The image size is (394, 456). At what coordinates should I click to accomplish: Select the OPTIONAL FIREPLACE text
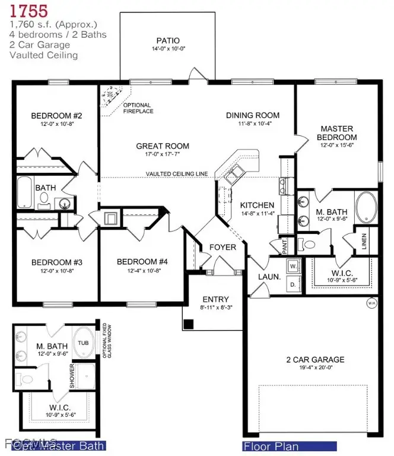tap(138, 108)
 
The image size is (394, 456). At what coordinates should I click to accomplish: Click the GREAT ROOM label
tap(163, 145)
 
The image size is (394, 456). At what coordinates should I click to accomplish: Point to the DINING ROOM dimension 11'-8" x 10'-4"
tap(252, 123)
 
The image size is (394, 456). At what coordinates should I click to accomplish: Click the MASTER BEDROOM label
tap(336, 133)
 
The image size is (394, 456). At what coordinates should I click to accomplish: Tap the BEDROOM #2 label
tap(56, 115)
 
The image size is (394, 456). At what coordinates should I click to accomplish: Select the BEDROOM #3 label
tap(56, 262)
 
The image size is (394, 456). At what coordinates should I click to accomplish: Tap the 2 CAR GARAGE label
tap(314, 359)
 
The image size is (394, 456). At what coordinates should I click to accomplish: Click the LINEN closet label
tap(365, 242)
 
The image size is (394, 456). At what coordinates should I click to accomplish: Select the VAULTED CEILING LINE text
tap(177, 173)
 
